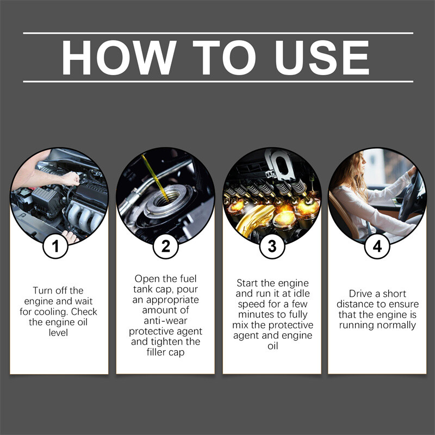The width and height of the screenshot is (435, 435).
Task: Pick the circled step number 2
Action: pos(165,247)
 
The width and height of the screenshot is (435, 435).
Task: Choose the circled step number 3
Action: pos(272,247)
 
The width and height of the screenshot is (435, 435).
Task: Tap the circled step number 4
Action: pos(377,247)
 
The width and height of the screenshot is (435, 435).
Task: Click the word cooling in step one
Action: pos(52,312)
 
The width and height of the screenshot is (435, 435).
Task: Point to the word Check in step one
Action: pos(85,312)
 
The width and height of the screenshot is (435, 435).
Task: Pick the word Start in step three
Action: pos(248,283)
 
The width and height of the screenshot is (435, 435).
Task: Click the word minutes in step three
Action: pos(254,314)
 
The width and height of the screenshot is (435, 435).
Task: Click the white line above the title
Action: pos(217,33)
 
